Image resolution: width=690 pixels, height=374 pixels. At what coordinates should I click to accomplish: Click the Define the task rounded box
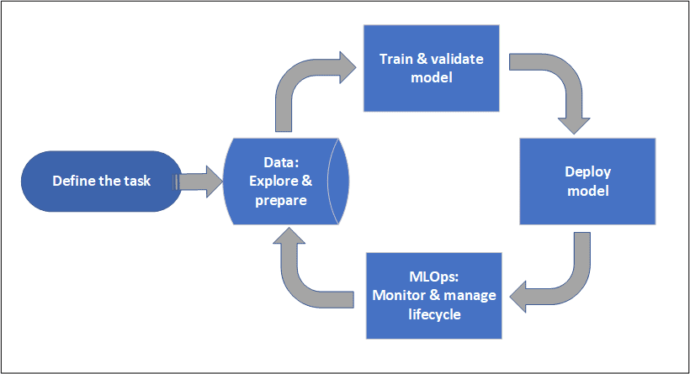102,181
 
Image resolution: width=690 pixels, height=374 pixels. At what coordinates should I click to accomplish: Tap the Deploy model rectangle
586,182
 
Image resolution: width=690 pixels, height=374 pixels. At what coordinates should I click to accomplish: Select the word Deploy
587,172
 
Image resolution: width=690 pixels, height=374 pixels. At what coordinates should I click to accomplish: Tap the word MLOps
432,277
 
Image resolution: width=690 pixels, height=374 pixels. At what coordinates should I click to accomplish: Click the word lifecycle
435,313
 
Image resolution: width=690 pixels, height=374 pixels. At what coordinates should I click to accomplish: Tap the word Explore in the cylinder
272,182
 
